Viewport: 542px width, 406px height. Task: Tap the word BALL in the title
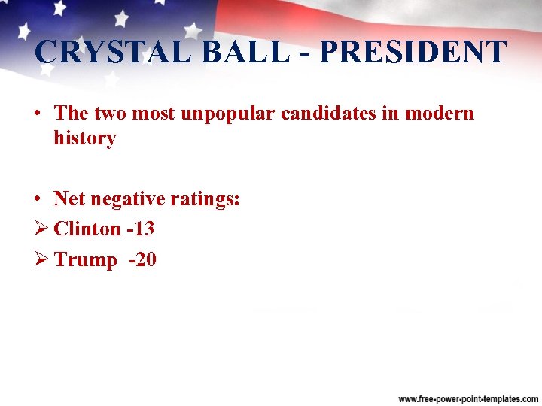click(224, 52)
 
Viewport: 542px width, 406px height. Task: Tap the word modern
click(440, 114)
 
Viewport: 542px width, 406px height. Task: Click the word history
click(84, 138)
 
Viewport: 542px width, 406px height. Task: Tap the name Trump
click(85, 260)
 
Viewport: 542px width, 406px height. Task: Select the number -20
click(142, 260)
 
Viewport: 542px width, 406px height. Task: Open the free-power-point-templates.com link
click(468, 397)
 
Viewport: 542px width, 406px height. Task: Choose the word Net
click(69, 199)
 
